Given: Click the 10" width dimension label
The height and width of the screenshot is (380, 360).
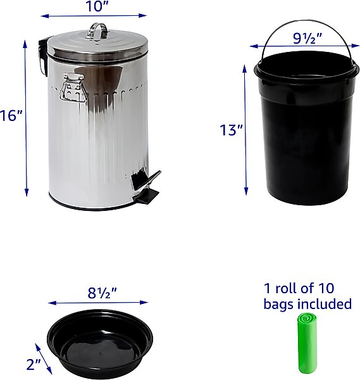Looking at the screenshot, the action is point(97,6).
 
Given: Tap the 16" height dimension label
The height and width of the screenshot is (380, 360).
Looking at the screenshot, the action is point(11,115).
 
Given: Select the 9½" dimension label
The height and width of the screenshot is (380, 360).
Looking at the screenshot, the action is point(307,38).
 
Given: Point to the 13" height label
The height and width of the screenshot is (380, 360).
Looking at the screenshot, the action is point(231,130).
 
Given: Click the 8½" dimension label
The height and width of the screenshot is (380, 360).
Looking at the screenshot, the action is point(102,293).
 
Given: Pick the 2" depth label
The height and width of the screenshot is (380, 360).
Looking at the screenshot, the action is point(34,364).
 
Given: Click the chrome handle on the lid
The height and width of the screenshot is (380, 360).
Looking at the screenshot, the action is point(98,31).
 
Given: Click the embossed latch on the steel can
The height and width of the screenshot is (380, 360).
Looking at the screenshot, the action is point(72,87).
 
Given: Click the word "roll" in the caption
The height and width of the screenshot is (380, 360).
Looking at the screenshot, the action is point(285,288).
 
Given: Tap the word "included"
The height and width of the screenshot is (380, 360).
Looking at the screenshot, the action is point(325,303).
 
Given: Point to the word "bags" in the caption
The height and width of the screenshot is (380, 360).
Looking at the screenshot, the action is point(279,305).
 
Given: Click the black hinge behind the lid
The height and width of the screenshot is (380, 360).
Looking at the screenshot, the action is point(43,57).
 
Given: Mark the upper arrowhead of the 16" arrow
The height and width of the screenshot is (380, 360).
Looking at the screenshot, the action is point(25,44).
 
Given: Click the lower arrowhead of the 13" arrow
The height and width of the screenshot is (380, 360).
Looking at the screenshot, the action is point(246,191).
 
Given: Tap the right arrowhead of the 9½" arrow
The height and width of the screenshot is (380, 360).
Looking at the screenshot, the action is point(356,46).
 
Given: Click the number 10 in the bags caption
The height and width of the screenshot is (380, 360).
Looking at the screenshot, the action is point(326,288).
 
